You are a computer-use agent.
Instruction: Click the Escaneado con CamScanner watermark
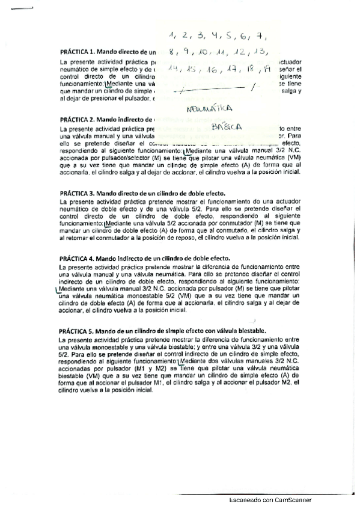pos(270,500)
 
